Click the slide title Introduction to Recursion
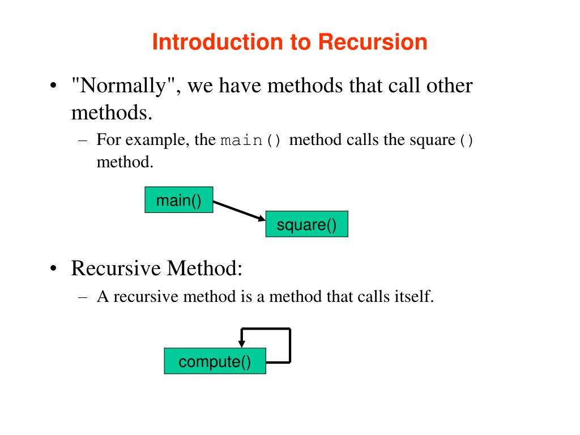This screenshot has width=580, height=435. coord(289,42)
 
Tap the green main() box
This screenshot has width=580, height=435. coord(179,200)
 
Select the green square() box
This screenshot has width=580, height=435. coord(306,224)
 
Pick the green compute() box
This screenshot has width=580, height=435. coord(215,361)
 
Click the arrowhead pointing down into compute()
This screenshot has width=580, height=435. coord(242,342)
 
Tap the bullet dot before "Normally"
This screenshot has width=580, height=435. coord(52,87)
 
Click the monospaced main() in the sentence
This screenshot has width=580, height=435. coord(250,140)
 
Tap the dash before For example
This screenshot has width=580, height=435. coord(83,140)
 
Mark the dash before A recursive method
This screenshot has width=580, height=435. coord(83,296)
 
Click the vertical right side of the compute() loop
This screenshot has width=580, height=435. coord(290,345)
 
